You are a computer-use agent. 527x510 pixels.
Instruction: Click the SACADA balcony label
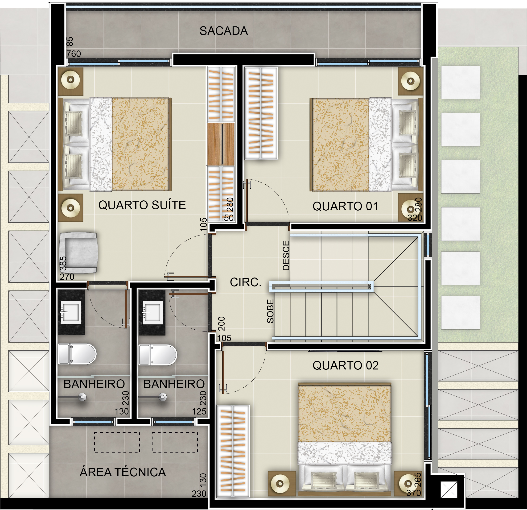(223, 31)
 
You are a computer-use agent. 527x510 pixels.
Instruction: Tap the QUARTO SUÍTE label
(142, 205)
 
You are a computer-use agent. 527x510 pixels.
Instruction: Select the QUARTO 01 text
(345, 206)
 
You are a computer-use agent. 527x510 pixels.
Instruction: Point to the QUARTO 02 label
(346, 365)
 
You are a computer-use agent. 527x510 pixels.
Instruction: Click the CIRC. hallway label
(246, 282)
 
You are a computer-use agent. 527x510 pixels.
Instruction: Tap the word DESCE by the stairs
(286, 255)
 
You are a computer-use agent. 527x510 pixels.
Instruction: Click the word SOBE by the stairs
(270, 311)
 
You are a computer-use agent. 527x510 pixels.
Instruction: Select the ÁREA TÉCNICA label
(123, 472)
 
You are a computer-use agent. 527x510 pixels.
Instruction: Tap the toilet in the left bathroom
(77, 354)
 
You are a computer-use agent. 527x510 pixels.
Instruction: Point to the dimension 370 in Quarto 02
(414, 493)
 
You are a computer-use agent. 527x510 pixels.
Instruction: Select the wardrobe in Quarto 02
(233, 451)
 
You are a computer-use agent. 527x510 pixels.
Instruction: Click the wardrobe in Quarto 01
(261, 113)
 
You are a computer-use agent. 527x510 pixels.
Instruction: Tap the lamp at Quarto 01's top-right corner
(410, 81)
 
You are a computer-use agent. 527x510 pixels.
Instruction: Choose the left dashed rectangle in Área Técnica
(117, 443)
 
